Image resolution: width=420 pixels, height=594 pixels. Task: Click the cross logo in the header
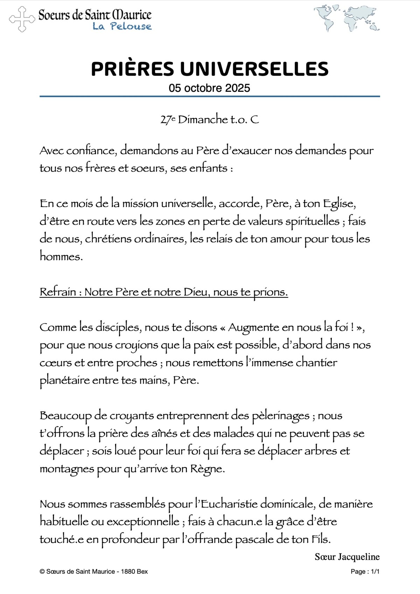point(22,19)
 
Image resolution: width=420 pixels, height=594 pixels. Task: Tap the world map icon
point(346,18)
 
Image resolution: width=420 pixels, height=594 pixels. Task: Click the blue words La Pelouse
point(122,26)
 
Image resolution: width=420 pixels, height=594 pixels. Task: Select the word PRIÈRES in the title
point(132,69)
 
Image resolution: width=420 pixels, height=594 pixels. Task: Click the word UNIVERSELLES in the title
point(254,69)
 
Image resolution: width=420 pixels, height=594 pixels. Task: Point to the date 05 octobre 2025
point(209,88)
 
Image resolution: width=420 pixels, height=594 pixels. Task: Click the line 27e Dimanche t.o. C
point(209,120)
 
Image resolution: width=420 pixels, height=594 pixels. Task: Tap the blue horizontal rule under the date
point(209,96)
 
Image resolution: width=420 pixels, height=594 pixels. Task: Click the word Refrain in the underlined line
point(58,292)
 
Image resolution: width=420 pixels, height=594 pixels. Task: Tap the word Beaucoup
point(65,416)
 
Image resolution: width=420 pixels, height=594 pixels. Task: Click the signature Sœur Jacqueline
point(347,557)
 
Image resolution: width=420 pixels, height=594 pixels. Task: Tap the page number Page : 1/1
point(365,572)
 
